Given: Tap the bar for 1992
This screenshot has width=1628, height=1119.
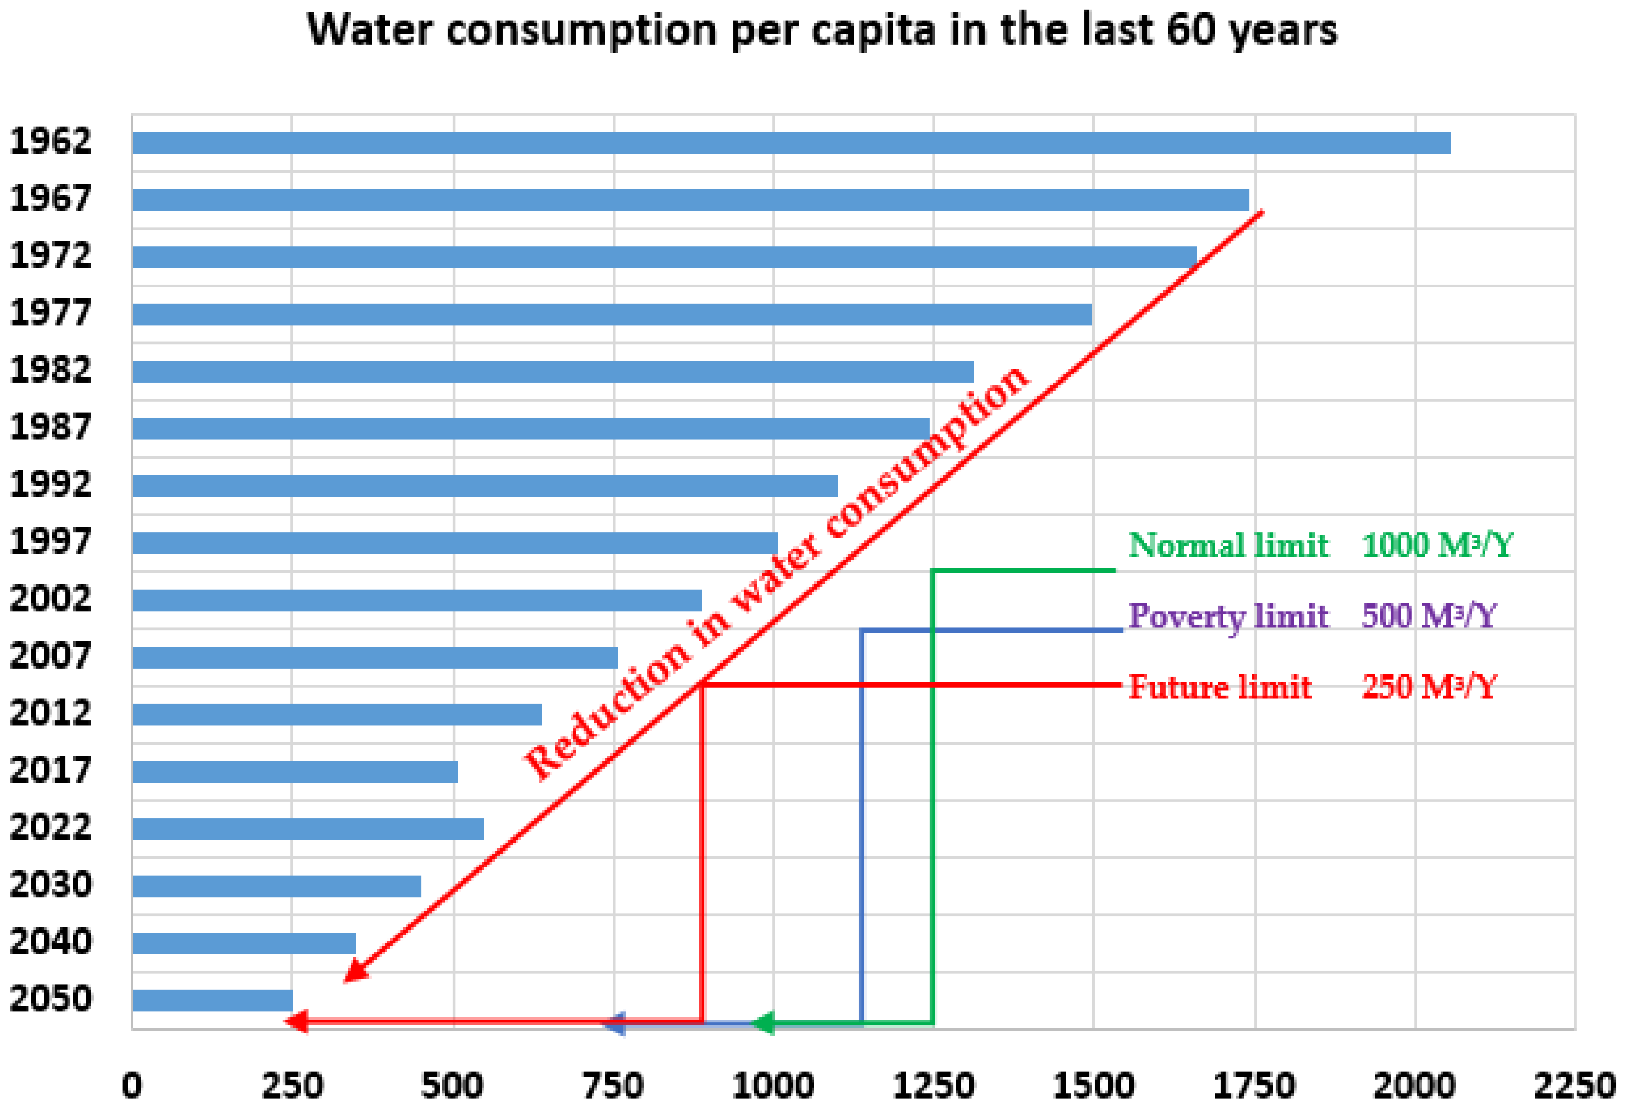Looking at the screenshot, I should click(484, 486).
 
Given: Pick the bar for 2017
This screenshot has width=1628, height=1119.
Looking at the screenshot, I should click(295, 772).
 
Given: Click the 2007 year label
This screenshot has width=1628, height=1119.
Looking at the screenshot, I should click(51, 656).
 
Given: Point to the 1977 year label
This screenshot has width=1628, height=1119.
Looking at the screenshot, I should click(51, 313).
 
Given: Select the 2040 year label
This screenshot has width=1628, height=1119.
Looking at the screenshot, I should click(51, 942).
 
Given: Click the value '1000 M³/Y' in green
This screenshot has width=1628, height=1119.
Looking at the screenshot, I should click(1437, 546).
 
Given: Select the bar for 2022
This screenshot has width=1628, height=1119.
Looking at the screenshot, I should click(308, 829).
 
